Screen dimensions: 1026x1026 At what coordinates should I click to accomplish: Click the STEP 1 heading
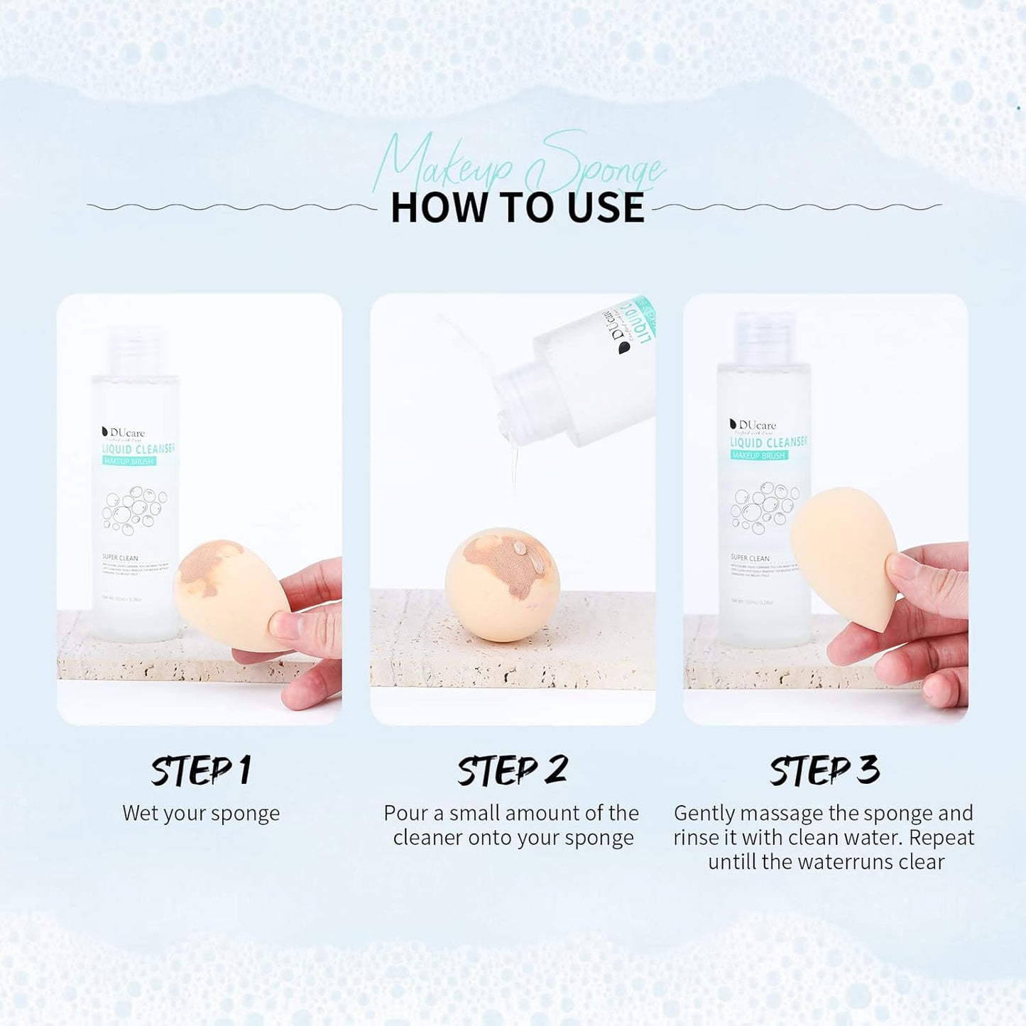[201, 770]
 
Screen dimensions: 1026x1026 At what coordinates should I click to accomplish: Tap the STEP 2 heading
[512, 770]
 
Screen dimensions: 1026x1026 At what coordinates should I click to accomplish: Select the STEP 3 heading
[824, 770]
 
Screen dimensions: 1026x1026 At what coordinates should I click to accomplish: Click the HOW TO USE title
[517, 208]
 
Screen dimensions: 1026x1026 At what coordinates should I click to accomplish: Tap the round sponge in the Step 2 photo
[502, 584]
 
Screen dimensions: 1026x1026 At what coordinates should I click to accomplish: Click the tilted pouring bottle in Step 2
[582, 376]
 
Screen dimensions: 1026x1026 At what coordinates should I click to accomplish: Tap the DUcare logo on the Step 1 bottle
[124, 432]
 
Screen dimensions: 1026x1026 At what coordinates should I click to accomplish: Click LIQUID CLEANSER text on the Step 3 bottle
[768, 442]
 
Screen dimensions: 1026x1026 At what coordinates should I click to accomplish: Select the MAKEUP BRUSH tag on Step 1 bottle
[129, 462]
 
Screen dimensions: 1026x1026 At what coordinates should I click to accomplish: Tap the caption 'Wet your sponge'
[201, 813]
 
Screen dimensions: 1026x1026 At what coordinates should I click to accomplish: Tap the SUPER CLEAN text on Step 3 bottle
[750, 558]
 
